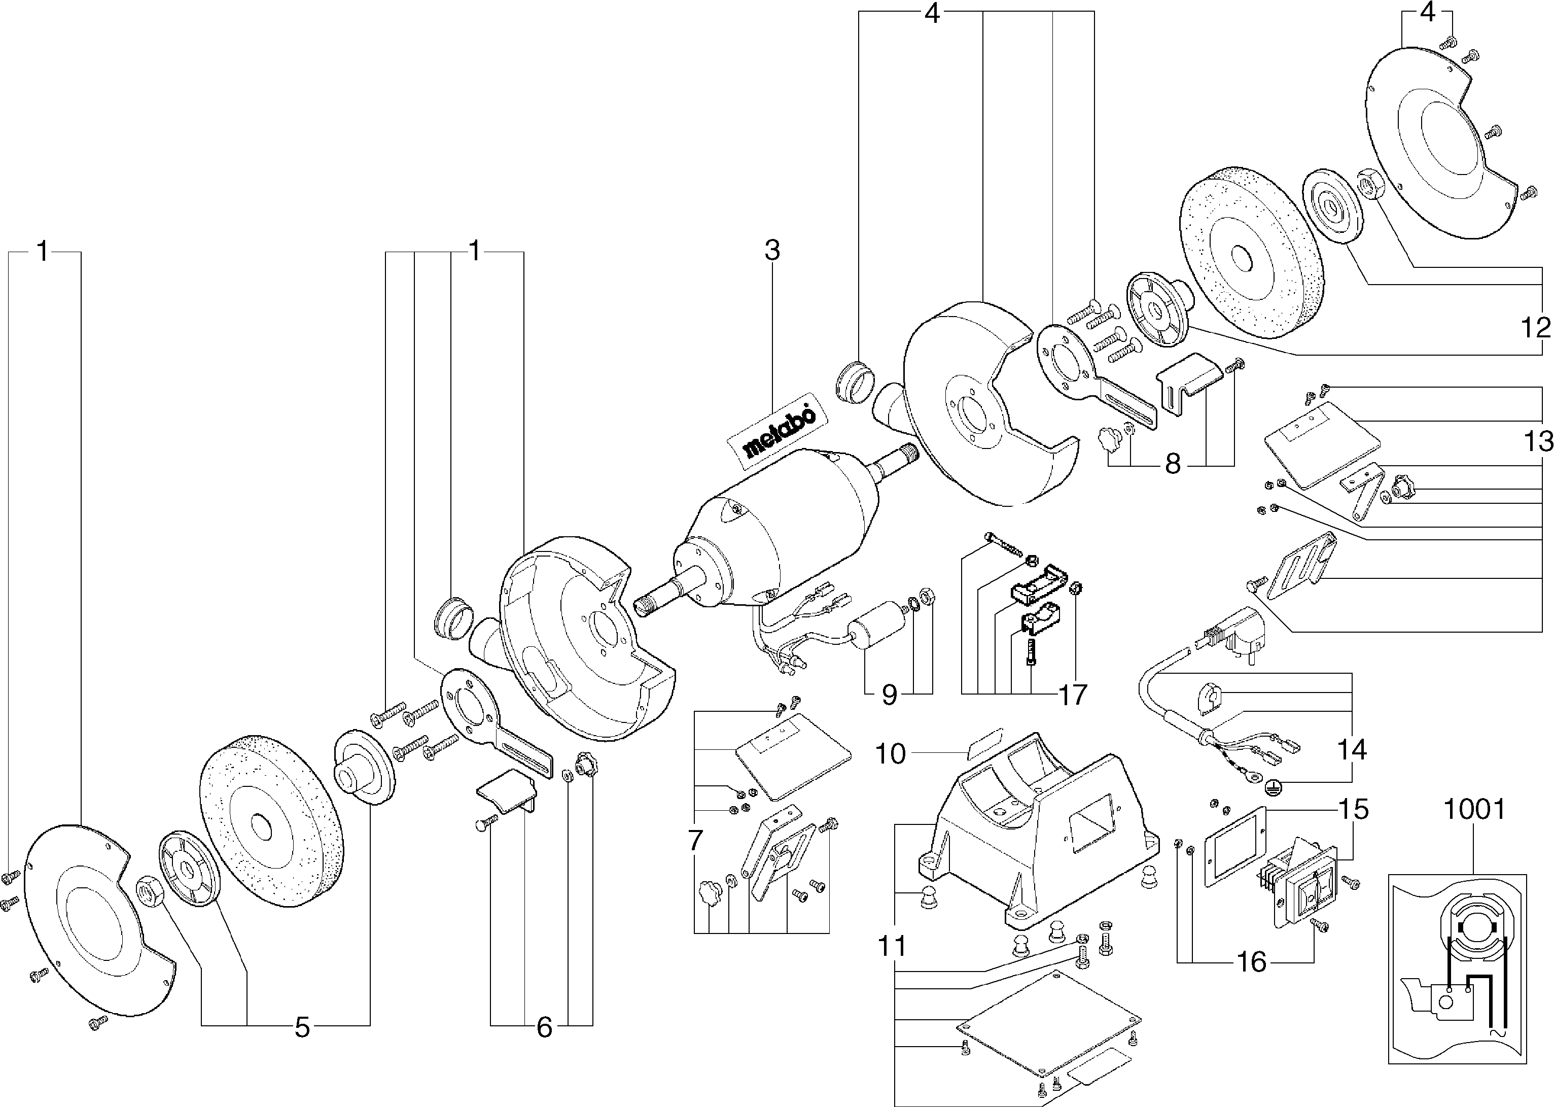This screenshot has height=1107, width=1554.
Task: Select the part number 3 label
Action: click(x=772, y=251)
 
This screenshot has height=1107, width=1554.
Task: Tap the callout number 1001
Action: click(x=1475, y=809)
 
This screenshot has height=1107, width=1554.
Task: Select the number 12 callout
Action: click(x=1536, y=329)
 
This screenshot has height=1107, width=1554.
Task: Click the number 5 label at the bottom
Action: click(x=302, y=1028)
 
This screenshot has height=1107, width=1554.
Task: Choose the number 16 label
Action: click(x=1252, y=962)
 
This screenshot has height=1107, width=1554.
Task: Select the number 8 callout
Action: click(x=1173, y=465)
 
